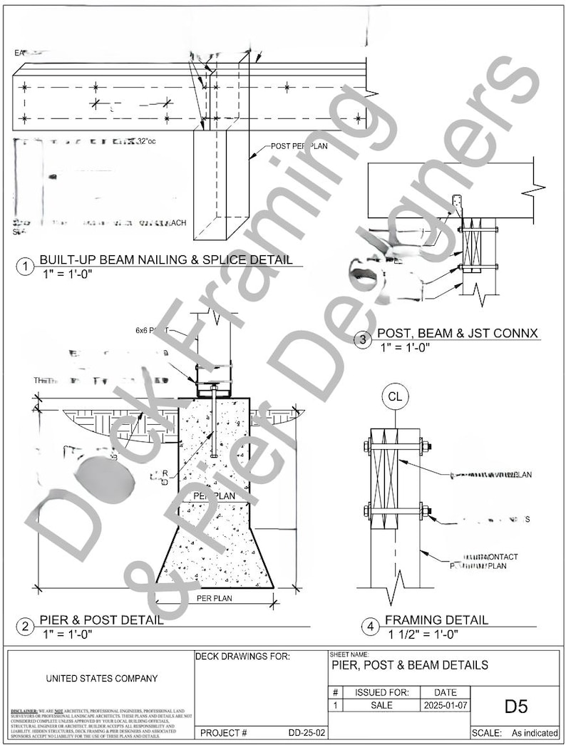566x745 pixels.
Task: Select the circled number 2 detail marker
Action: click(26, 627)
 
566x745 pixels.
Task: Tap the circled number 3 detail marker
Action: click(364, 341)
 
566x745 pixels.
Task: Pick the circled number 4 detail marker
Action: click(370, 627)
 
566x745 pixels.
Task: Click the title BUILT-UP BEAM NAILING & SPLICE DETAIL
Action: click(165, 260)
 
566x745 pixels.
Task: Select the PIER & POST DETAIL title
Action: click(101, 620)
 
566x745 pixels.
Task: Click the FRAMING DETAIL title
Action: click(436, 620)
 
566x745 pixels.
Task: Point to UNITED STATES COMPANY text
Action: click(102, 679)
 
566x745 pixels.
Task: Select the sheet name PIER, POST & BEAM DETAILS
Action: click(410, 665)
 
